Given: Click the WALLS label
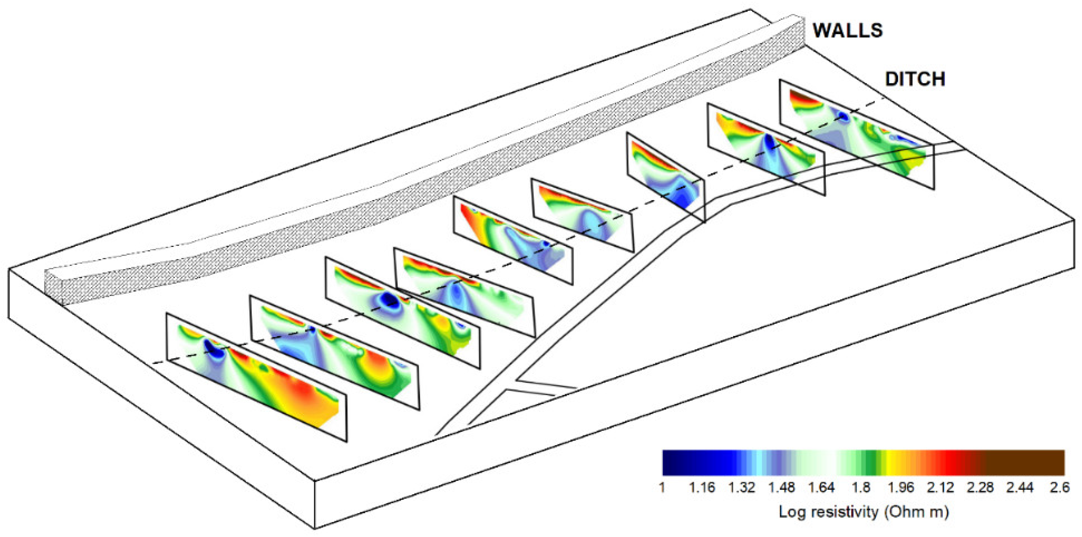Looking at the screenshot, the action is (x=848, y=31).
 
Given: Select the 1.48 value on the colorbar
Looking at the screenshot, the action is (x=781, y=488).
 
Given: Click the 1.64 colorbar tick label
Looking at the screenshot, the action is (x=821, y=488).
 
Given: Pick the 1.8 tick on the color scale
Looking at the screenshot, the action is (x=861, y=488).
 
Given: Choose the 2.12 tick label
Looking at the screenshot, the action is (x=941, y=488).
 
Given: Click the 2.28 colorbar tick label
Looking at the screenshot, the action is (x=980, y=488).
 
